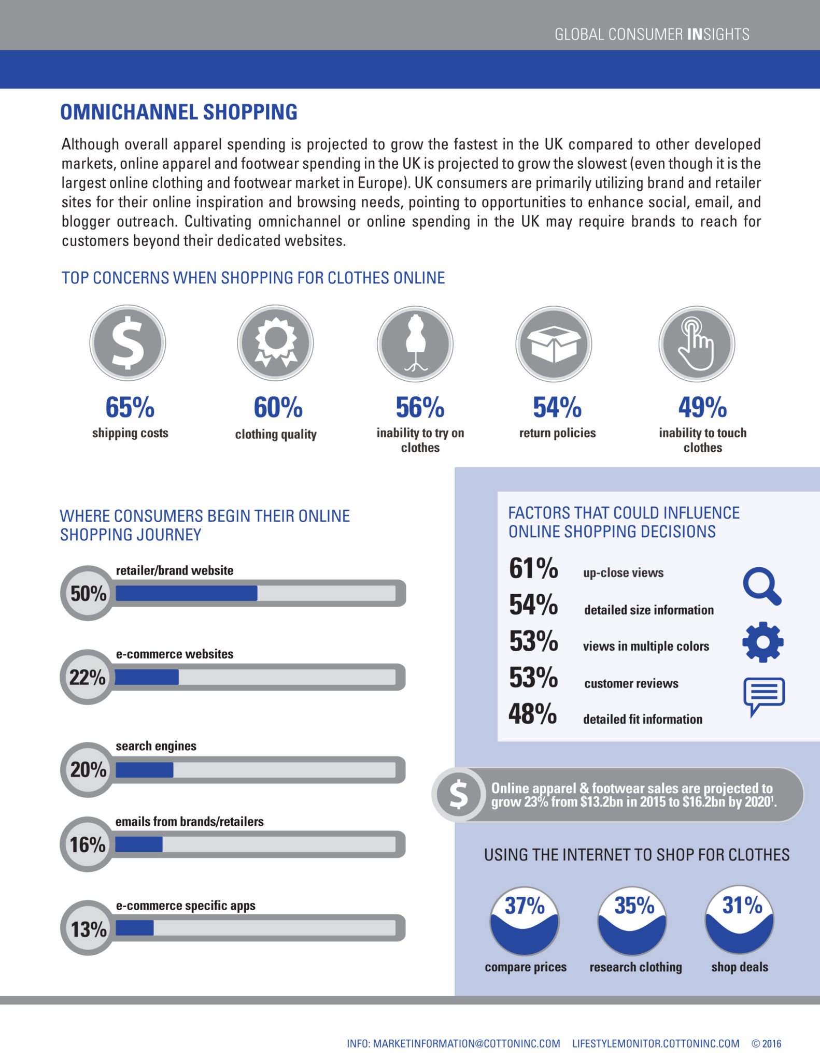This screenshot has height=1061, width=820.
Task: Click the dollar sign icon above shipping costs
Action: point(128,343)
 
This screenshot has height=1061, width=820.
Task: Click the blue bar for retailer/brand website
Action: point(187,593)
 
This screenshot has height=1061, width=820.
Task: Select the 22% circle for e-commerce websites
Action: point(88,677)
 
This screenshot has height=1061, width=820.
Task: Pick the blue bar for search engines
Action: point(145,770)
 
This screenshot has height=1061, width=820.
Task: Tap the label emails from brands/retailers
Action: point(189,822)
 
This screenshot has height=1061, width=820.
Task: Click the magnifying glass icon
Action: point(762,587)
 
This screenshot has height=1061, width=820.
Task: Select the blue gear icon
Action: point(762,642)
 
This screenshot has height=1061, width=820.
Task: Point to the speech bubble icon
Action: point(764,696)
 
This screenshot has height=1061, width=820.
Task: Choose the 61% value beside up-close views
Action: point(533,568)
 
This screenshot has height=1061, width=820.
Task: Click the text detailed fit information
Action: point(643,719)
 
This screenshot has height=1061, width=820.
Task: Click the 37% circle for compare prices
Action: point(525,920)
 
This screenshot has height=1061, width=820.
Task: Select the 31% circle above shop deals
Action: point(740,920)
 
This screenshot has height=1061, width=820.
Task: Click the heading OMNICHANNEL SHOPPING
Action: point(179,112)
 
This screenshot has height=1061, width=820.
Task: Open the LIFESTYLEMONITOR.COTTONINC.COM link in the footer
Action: point(656,1043)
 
